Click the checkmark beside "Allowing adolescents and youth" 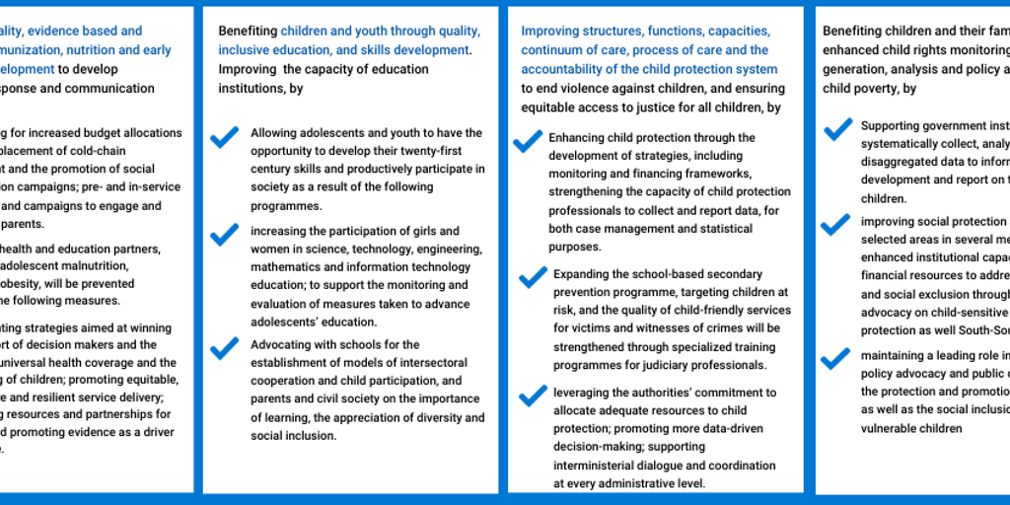click(225, 136)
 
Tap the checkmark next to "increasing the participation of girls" click(225, 234)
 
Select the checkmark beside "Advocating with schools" click(225, 347)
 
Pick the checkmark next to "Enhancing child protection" click(528, 141)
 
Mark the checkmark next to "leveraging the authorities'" click(533, 396)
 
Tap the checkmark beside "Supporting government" click(837, 129)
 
